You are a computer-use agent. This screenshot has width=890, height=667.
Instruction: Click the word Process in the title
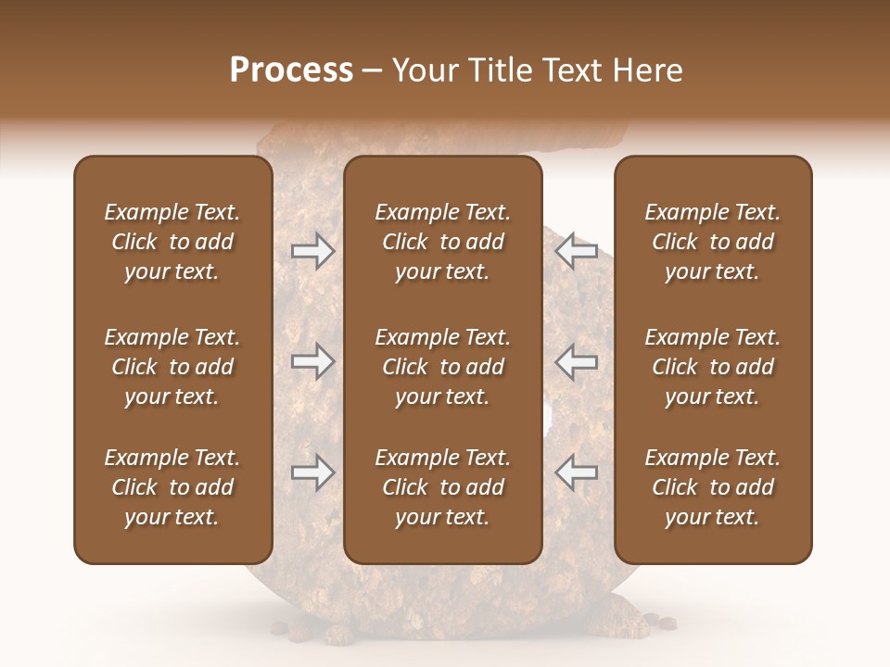tap(291, 70)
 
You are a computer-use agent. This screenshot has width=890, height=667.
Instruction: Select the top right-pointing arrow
tap(312, 251)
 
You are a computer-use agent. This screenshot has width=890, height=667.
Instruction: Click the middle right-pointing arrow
tap(312, 362)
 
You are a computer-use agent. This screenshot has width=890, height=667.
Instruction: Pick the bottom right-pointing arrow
tap(312, 472)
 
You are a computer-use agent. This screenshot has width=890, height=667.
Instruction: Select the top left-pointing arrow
tap(577, 251)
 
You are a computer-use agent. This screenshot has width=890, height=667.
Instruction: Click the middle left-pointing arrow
tap(577, 362)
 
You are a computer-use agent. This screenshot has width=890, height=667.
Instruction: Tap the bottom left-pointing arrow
tap(577, 472)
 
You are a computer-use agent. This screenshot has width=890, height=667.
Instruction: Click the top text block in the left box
tap(172, 242)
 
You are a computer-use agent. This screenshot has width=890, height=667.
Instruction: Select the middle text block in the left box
tap(172, 367)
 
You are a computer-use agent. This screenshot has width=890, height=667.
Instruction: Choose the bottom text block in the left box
tap(172, 487)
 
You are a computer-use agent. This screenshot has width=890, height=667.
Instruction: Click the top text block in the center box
tap(442, 242)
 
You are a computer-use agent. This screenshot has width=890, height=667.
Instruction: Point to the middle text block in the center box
tap(442, 367)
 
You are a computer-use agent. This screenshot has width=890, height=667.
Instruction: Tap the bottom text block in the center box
tap(442, 487)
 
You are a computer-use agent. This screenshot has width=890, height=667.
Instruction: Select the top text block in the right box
tap(712, 242)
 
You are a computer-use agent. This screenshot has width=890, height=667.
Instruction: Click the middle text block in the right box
tap(712, 367)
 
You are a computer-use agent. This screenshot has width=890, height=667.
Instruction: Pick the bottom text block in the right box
tap(712, 487)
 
